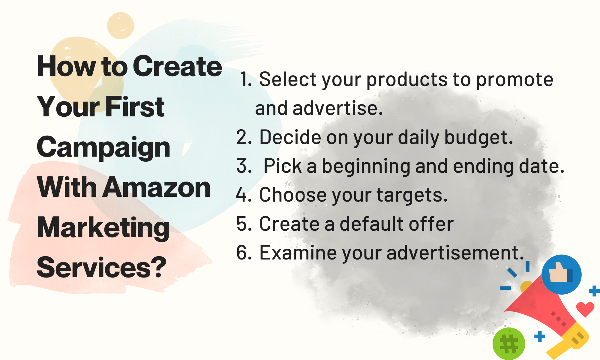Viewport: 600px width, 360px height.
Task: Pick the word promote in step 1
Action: [514, 79]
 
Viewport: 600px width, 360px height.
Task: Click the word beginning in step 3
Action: [366, 166]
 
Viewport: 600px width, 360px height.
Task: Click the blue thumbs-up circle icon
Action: [561, 274]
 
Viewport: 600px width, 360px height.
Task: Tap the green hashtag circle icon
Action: [509, 344]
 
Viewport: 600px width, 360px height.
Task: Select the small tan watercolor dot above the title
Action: [121, 25]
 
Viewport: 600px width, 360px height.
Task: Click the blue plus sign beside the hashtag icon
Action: [540, 337]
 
